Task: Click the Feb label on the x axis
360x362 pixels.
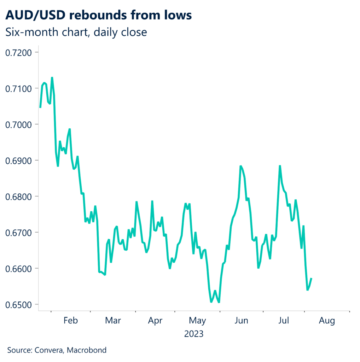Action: tap(70, 321)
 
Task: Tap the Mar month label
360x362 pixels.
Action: tap(113, 321)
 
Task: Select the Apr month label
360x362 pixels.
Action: tap(155, 321)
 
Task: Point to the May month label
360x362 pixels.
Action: tap(197, 321)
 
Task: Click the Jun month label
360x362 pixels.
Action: tap(241, 321)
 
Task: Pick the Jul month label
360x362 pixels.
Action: tap(284, 321)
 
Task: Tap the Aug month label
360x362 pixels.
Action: tap(327, 321)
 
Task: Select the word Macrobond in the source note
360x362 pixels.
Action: tap(88, 350)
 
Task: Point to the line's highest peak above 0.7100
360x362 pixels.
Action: tap(52, 77)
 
